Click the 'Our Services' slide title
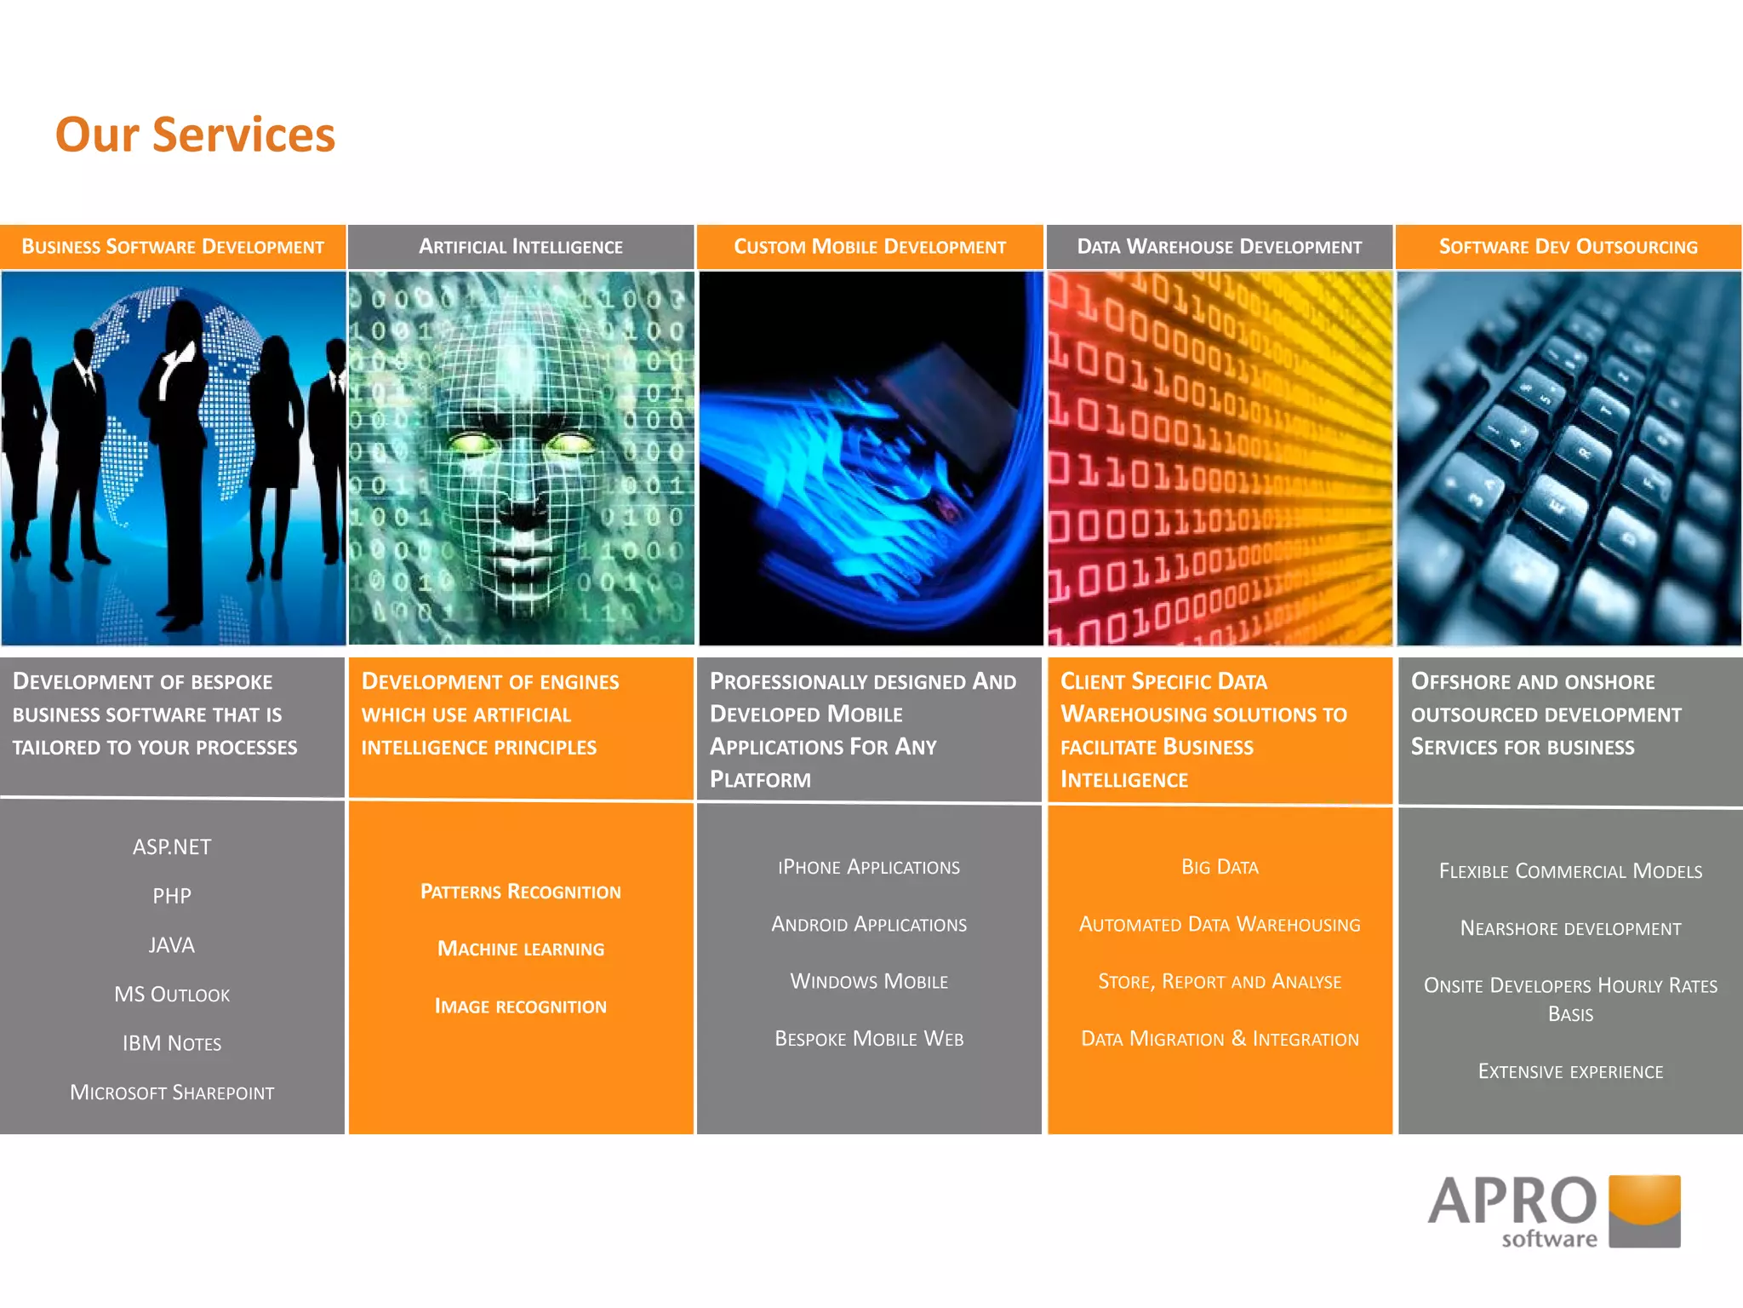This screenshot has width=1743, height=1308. pyautogui.click(x=195, y=135)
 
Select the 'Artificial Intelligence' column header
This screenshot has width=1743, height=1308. pyautogui.click(x=521, y=247)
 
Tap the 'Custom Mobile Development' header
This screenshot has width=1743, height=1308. pyautogui.click(x=870, y=247)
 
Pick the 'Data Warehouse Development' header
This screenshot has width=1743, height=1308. pyautogui.click(x=1220, y=247)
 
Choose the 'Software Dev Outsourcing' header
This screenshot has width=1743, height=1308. pyautogui.click(x=1569, y=247)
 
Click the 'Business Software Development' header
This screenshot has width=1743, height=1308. pyautogui.click(x=173, y=247)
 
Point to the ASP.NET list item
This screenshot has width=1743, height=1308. pyautogui.click(x=172, y=847)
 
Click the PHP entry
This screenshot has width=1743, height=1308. pyautogui.click(x=172, y=896)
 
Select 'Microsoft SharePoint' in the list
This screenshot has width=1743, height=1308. pyautogui.click(x=172, y=1093)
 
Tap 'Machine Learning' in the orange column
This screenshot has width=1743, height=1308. pyautogui.click(x=521, y=949)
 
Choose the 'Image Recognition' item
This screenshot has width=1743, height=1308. pyautogui.click(x=521, y=1007)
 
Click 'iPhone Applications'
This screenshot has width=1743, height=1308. pyautogui.click(x=869, y=867)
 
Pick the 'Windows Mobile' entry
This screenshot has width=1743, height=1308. pyautogui.click(x=869, y=981)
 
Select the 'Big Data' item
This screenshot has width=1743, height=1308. pyautogui.click(x=1220, y=867)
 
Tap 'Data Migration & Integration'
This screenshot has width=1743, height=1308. pyautogui.click(x=1220, y=1039)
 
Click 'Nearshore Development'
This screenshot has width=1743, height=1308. pyautogui.click(x=1570, y=928)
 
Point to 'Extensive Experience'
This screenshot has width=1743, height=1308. pyautogui.click(x=1570, y=1071)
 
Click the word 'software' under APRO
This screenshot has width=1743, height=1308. pyautogui.click(x=1549, y=1239)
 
